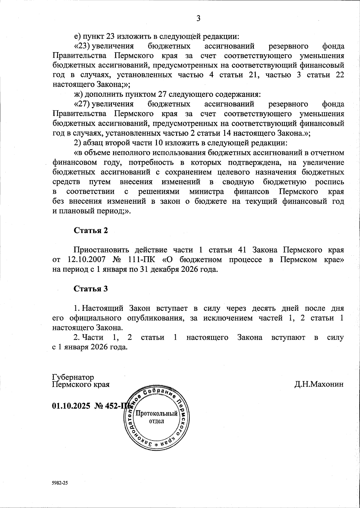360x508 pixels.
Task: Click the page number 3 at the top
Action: (198, 19)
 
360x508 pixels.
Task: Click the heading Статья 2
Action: (91, 230)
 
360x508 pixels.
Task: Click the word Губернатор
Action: (73, 377)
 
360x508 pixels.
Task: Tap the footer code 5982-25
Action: (60, 483)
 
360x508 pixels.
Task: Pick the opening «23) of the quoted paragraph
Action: (82, 46)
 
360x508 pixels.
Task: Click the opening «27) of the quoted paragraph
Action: (82, 104)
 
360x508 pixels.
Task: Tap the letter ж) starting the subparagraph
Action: (79, 94)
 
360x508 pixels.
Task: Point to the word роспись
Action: (329, 182)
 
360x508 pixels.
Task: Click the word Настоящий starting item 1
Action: (103, 308)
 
